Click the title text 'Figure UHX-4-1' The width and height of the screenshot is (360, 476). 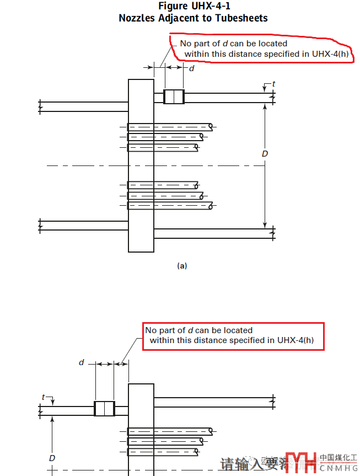(193, 6)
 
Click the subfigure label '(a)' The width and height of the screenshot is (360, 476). (182, 266)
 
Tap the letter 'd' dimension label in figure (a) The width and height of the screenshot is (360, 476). (192, 68)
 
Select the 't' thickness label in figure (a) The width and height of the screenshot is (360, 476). (273, 84)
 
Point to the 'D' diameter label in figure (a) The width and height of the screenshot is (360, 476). (265, 153)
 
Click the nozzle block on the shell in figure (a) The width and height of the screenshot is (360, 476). (174, 97)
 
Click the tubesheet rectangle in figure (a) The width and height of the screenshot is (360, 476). (141, 165)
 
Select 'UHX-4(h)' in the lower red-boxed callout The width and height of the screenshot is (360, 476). (297, 340)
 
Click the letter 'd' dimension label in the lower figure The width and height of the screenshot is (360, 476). (82, 362)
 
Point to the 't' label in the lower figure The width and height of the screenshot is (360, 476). (43, 397)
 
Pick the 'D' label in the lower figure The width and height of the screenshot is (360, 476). (52, 458)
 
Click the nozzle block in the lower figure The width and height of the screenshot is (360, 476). (104, 409)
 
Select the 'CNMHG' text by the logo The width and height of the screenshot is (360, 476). (338, 468)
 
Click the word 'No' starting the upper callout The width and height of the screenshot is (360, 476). (186, 43)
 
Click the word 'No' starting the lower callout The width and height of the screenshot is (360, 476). (151, 330)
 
